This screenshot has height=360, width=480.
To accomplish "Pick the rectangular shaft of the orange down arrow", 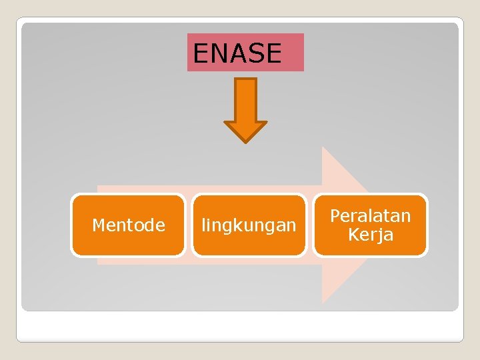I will pos(245,100).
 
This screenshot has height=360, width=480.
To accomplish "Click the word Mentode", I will pos(129,225).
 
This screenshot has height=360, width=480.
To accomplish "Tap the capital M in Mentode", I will pos(99,225).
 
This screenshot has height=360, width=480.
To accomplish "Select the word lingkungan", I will pos(249,226).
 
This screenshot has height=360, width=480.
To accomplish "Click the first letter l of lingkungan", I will pos(203,225).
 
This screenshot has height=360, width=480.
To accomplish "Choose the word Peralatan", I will pos(371,216).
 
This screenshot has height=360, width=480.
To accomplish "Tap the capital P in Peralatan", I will pos(335,216).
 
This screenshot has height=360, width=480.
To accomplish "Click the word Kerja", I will pos(371,235).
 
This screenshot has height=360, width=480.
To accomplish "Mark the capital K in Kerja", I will pos(353,235).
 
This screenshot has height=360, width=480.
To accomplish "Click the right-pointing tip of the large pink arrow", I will pos(373,225).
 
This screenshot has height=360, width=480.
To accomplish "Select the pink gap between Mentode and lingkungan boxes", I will pos(189,225).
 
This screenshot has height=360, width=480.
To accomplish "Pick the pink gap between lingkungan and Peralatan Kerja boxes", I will pos(310,225).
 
